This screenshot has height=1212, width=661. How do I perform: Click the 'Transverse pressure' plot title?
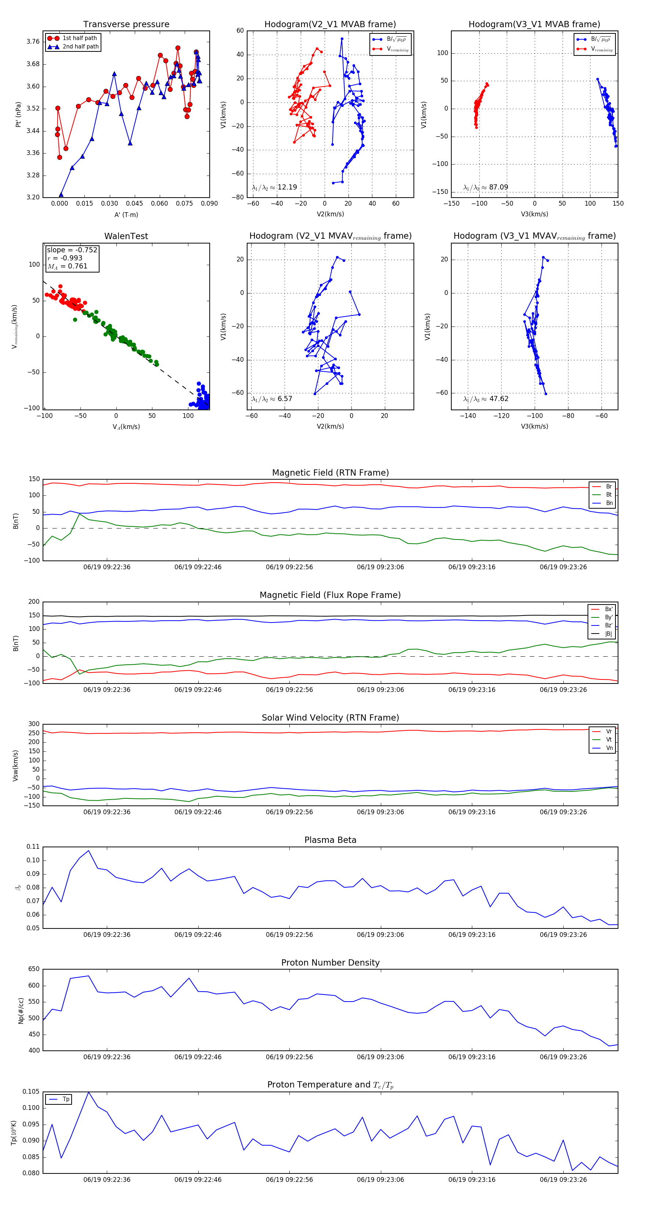126,25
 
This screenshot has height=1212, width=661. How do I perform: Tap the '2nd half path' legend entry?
80,47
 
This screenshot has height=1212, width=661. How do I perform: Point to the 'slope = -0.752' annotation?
72,250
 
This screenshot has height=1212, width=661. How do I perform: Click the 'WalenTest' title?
126,236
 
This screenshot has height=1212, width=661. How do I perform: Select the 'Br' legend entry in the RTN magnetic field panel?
609,487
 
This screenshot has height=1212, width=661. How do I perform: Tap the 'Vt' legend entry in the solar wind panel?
609,740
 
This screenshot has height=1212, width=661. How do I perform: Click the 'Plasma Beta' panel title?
330,840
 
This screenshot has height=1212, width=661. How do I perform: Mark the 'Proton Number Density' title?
330,963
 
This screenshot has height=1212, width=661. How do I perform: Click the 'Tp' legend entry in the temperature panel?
66,1099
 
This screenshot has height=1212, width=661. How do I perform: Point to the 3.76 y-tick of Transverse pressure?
33,42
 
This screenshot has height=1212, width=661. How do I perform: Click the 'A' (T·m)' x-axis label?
126,214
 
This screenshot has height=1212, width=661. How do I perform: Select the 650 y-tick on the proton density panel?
34,969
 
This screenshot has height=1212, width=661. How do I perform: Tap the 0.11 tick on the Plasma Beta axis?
33,847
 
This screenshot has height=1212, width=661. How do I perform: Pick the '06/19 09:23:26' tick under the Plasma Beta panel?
563,934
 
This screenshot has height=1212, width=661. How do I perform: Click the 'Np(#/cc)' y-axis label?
21,1011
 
